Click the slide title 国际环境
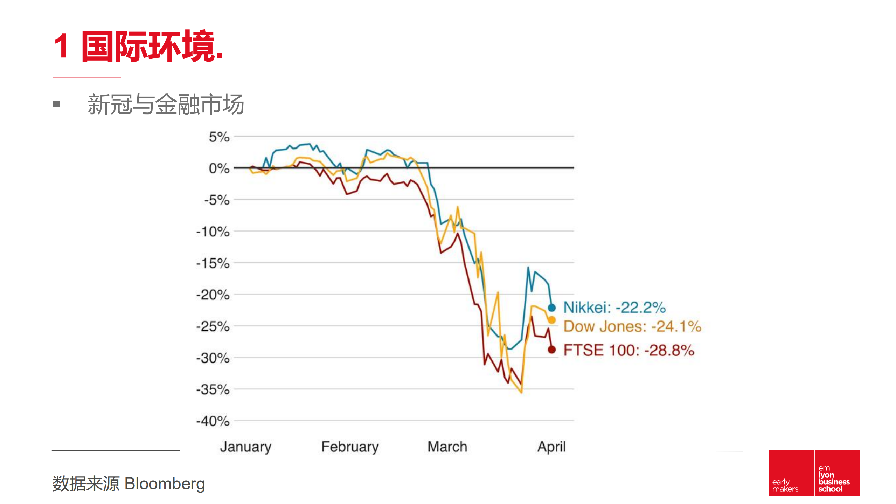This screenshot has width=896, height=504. pyautogui.click(x=138, y=47)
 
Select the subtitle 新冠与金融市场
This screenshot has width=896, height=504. pyautogui.click(x=165, y=104)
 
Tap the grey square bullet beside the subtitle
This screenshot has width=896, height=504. pyautogui.click(x=57, y=104)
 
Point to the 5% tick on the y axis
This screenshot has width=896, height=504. pyautogui.click(x=219, y=137)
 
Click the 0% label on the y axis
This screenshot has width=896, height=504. pyautogui.click(x=219, y=168)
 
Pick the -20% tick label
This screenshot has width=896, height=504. pyautogui.click(x=213, y=295)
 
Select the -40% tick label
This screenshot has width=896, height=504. pyautogui.click(x=213, y=421)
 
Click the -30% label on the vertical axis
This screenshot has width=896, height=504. pyautogui.click(x=213, y=358)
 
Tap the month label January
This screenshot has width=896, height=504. pyautogui.click(x=245, y=447)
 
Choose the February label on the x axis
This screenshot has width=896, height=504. pyautogui.click(x=350, y=447)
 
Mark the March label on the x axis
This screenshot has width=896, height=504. pyautogui.click(x=447, y=447)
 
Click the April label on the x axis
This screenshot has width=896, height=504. pyautogui.click(x=551, y=447)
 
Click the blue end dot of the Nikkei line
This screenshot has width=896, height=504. pyautogui.click(x=552, y=308)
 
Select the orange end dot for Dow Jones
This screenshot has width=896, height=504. pyautogui.click(x=552, y=320)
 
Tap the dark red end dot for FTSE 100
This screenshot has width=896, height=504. pyautogui.click(x=552, y=350)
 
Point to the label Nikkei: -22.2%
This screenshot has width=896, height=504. pyautogui.click(x=614, y=308)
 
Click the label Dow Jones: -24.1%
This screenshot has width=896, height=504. pyautogui.click(x=632, y=326)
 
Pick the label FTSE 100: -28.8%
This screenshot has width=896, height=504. pyautogui.click(x=629, y=350)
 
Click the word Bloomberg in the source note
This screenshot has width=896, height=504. pyautogui.click(x=165, y=484)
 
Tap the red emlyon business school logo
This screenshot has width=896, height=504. pyautogui.click(x=814, y=473)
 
